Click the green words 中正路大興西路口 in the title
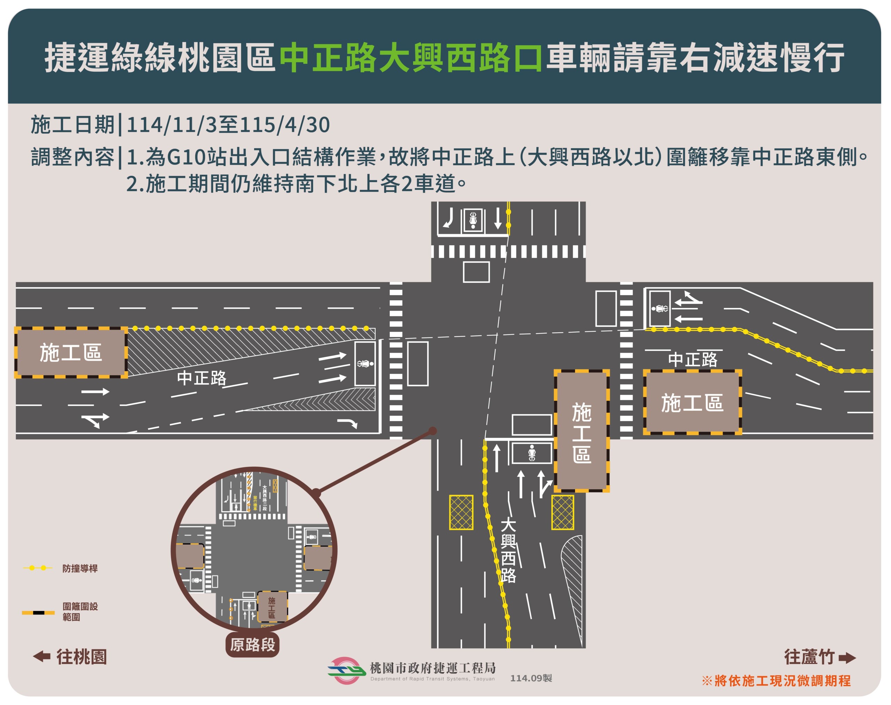[410, 58]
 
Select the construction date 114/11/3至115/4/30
[228, 125]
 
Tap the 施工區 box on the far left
[71, 353]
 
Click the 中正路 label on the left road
[202, 378]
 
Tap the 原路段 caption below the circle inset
[252, 645]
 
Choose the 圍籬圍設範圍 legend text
[80, 612]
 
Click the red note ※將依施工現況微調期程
[776, 681]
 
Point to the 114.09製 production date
[531, 678]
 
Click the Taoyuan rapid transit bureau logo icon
[346, 670]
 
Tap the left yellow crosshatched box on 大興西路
[461, 512]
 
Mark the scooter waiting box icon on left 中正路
[365, 364]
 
